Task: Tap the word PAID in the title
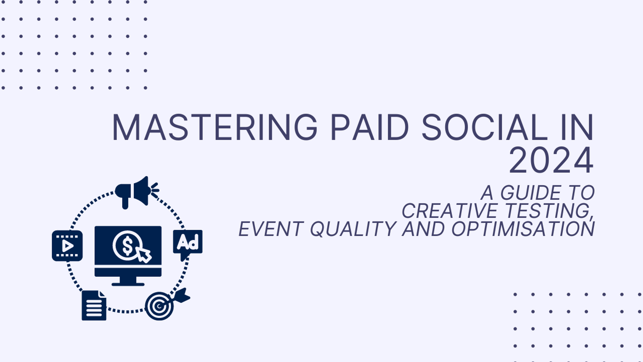[x=369, y=128]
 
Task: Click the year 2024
[x=551, y=161]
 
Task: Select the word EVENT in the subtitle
[x=271, y=229]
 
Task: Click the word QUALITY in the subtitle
[x=353, y=229]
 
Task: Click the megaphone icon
[x=135, y=192]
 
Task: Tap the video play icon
[x=67, y=246]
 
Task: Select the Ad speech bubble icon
[x=188, y=243]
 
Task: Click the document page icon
[x=94, y=306]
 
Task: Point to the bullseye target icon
[x=159, y=306]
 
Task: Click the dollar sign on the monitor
[x=127, y=245]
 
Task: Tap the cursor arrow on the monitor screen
[x=143, y=255]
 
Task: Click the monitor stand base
[x=128, y=283]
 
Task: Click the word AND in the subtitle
[x=424, y=229]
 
